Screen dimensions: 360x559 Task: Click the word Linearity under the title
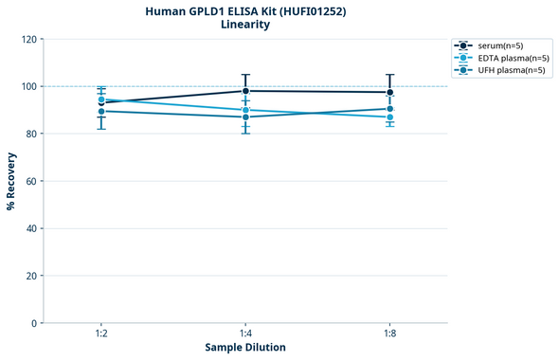coord(245,25)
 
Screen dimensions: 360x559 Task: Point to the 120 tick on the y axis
coord(27,39)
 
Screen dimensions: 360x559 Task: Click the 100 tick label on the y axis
coord(27,86)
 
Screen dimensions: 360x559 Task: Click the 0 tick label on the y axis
coord(33,323)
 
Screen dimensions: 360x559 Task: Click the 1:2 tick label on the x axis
coord(101,334)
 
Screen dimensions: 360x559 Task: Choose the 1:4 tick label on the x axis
coord(245,334)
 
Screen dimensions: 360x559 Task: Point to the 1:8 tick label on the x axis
coord(389,334)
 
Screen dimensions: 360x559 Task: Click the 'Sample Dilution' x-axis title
coord(245,348)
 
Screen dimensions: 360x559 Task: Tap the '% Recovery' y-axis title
coord(11,180)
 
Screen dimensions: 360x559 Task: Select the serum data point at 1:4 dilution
coord(245,91)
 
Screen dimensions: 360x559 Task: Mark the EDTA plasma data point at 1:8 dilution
coord(389,117)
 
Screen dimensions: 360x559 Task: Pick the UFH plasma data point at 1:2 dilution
coord(101,112)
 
